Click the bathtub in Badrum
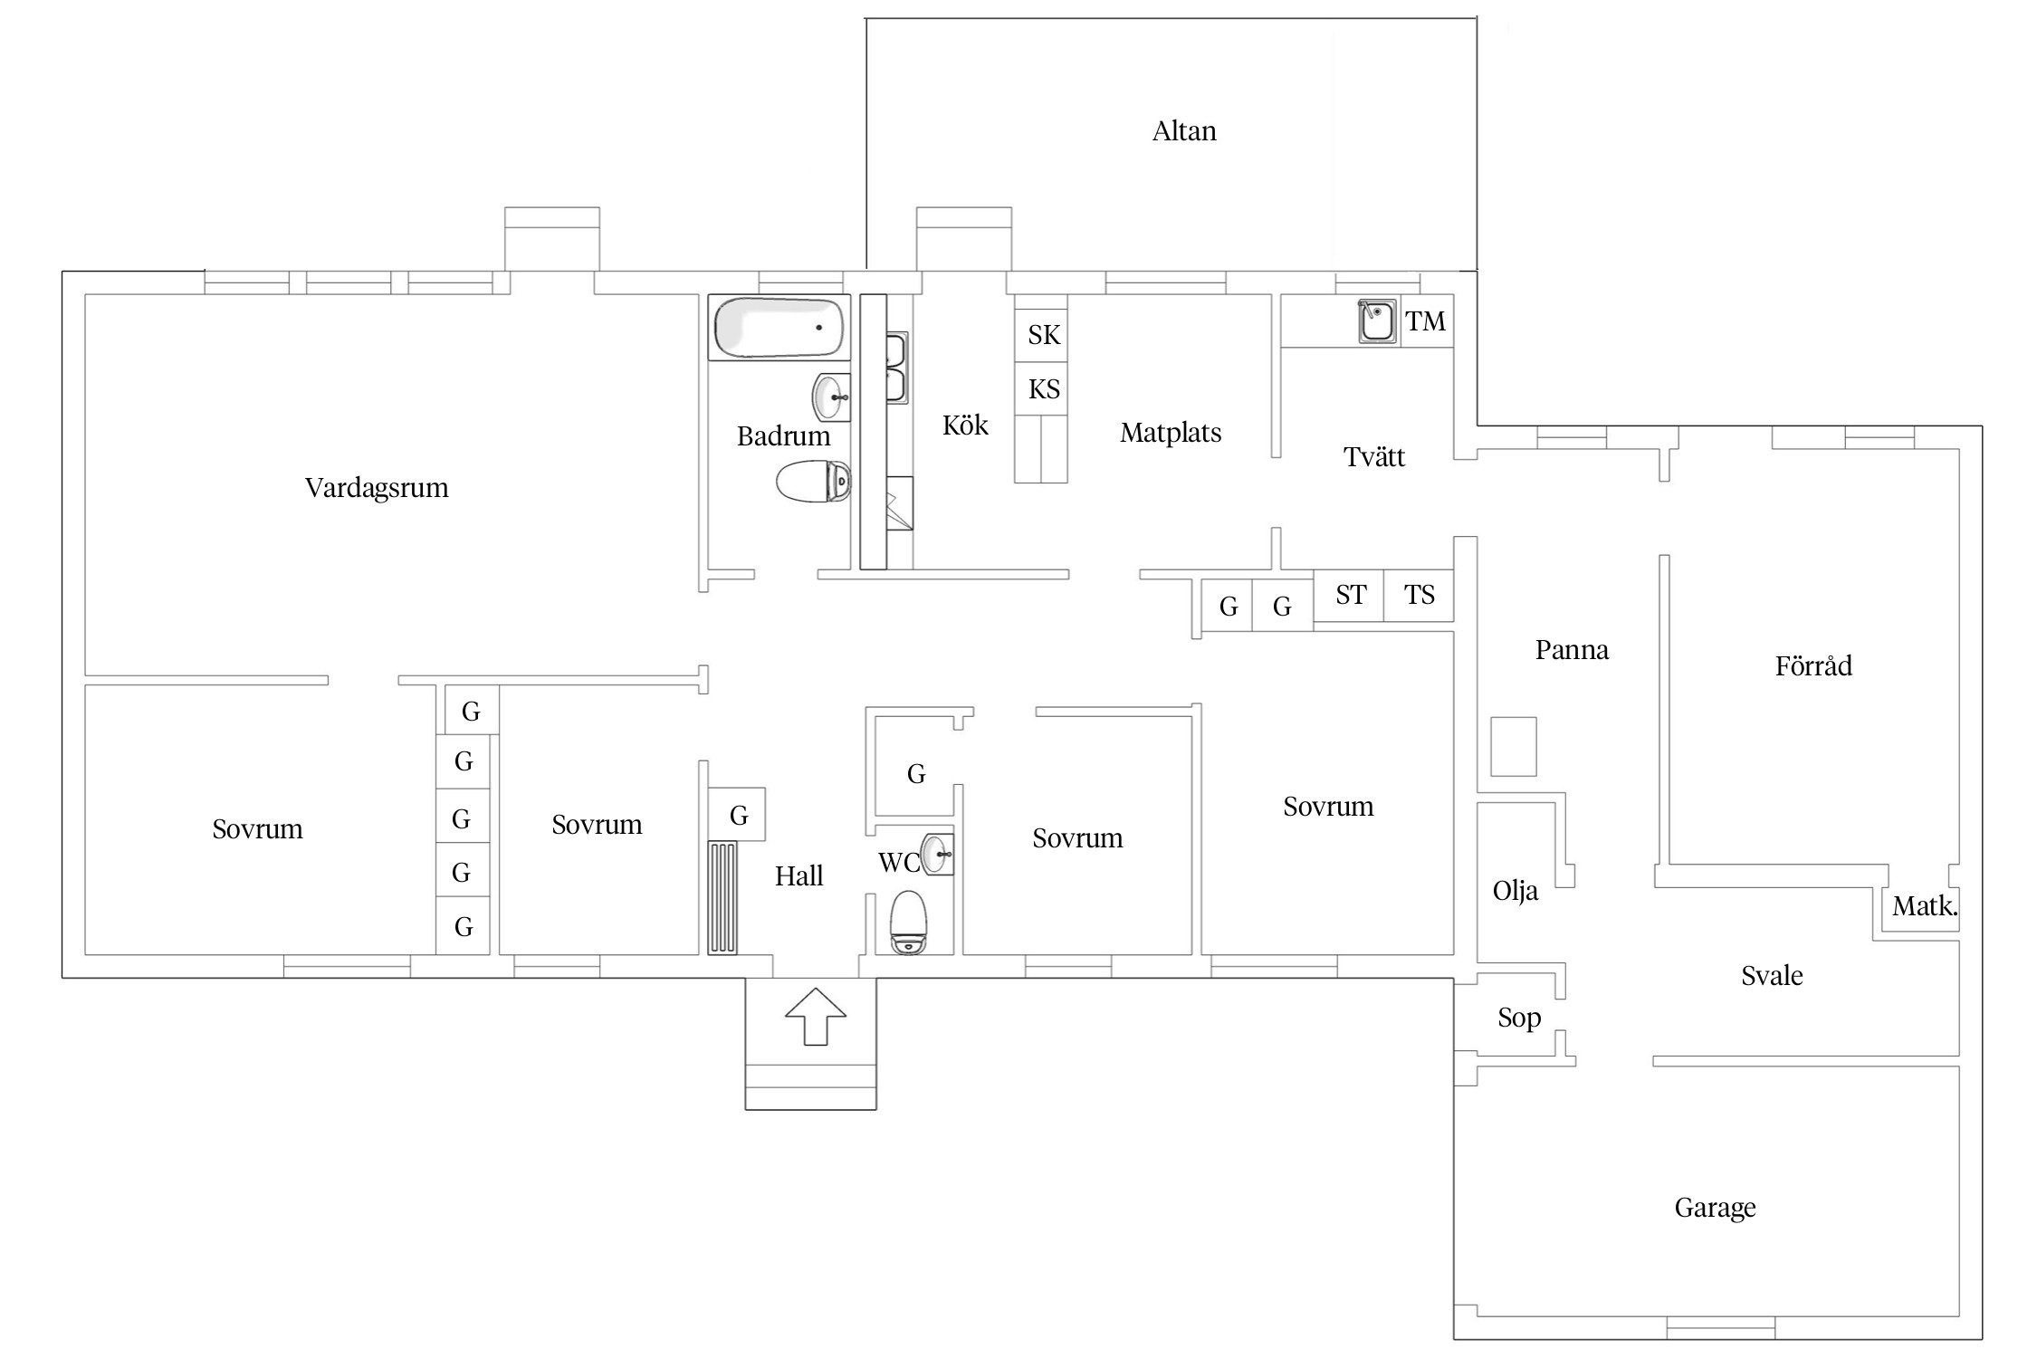779,328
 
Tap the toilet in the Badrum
813,482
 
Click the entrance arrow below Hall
816,1017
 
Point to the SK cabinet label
1044,335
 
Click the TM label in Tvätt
1425,321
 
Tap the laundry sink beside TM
1377,321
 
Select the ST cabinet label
1351,595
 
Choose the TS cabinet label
1420,595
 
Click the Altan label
1184,131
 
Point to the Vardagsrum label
377,488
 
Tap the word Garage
1715,1208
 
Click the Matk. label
1925,906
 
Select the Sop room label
1519,1018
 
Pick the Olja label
1516,891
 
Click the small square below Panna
1514,747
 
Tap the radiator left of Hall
722,897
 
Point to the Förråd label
1813,666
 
